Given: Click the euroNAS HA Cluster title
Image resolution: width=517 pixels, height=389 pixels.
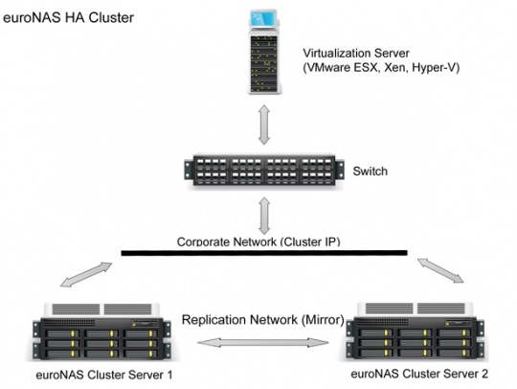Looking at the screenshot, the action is click(68, 18).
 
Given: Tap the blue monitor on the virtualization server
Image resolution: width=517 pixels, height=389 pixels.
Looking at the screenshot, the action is click(262, 19).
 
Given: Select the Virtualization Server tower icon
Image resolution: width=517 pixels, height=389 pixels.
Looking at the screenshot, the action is click(264, 52).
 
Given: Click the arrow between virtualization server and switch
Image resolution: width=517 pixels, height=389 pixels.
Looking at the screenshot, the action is click(264, 125).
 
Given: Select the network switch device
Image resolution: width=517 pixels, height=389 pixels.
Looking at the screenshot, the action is click(264, 171).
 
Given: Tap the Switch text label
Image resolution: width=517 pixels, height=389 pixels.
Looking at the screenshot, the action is click(370, 172).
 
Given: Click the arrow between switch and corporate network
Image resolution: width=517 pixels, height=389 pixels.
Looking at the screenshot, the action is click(264, 217).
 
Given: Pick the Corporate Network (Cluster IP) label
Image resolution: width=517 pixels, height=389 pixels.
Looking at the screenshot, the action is click(258, 241).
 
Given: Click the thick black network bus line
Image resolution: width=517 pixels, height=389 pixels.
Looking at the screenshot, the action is click(264, 253).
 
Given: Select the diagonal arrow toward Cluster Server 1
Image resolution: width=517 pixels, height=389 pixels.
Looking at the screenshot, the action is click(86, 275).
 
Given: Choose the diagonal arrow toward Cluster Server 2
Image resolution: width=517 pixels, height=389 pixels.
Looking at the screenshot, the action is click(440, 270).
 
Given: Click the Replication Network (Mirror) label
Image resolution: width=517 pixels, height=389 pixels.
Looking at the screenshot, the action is click(262, 320).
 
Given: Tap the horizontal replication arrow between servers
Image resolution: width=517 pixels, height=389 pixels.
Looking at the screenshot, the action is click(263, 342).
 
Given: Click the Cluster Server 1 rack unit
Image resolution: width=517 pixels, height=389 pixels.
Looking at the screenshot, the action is click(101, 332).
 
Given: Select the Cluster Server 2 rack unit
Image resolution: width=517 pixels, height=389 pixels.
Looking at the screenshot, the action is click(416, 331).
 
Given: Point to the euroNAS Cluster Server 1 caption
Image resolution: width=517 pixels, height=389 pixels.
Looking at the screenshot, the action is click(103, 376).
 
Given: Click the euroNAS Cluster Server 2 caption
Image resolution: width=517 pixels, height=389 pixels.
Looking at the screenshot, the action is click(419, 374).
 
